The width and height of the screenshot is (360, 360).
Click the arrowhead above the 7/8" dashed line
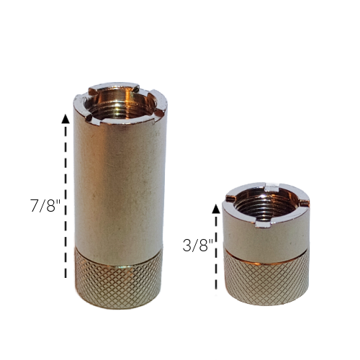click(66, 120)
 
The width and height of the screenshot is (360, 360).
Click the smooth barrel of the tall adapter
click(118, 180)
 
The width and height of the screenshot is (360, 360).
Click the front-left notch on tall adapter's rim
click(88, 113)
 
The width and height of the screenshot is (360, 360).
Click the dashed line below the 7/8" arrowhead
click(66, 202)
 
